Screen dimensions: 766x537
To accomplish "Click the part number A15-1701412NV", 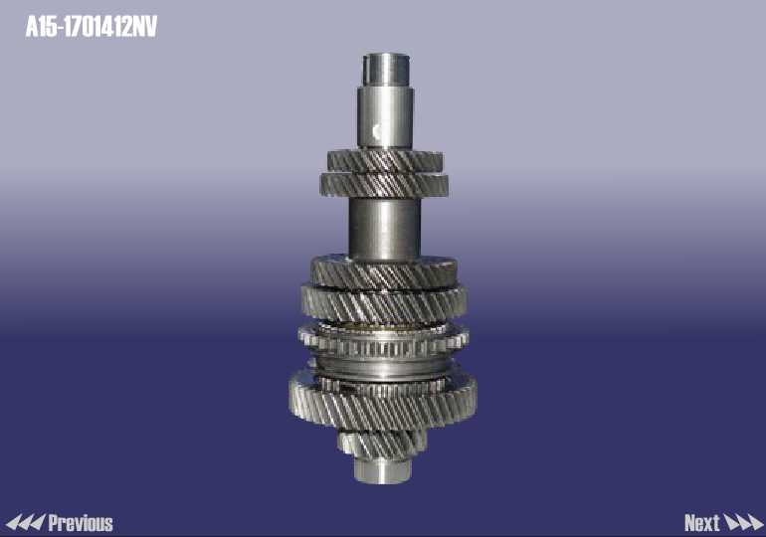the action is click(x=92, y=27).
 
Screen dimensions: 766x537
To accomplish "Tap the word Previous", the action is click(x=81, y=523).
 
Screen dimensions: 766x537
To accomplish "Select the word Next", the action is click(x=702, y=523).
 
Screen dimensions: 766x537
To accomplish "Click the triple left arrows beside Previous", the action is click(x=26, y=522).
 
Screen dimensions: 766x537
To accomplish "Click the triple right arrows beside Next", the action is click(x=743, y=522).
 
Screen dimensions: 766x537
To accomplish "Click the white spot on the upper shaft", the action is click(x=377, y=131).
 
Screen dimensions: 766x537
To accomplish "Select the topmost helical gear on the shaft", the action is click(x=385, y=161).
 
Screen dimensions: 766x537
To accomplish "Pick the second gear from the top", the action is click(x=384, y=185).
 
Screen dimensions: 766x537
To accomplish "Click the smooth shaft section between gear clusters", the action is click(x=384, y=229).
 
